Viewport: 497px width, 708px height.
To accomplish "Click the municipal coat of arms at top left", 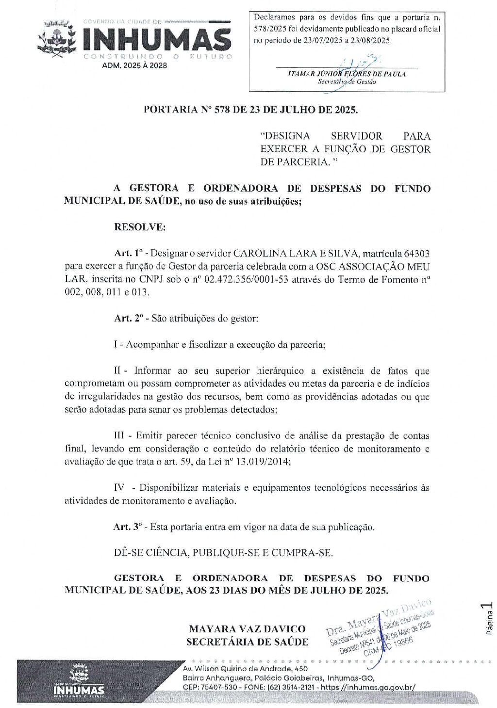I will [x=57, y=38].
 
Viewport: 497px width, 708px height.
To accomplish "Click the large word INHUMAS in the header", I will [x=157, y=39].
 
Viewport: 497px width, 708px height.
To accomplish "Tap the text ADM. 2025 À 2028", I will [x=134, y=65].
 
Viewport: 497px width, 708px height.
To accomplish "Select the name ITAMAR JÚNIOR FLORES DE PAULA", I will [x=347, y=74].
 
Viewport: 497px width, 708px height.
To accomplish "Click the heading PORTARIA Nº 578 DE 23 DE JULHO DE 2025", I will [x=250, y=110].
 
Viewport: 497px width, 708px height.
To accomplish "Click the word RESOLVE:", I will [x=140, y=227].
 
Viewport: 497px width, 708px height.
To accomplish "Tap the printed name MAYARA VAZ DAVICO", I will [x=247, y=629].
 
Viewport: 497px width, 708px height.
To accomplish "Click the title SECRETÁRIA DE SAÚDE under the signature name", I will [x=247, y=642].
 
